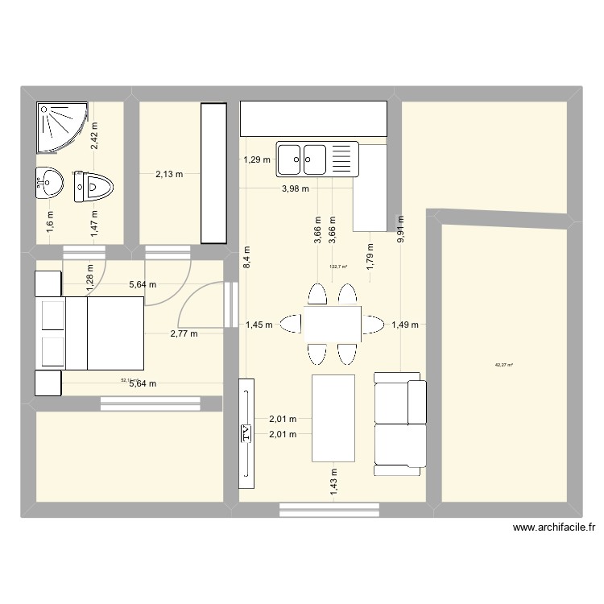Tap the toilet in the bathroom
(94, 188)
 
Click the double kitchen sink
(316, 159)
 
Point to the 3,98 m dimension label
(296, 188)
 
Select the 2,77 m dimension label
(184, 332)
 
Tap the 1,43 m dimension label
(333, 485)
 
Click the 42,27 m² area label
(504, 365)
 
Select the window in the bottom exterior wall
(329, 509)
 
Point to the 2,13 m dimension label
(169, 173)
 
